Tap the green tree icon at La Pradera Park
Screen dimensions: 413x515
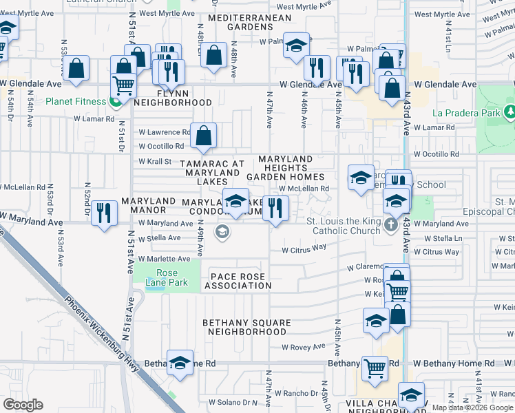point(509,112)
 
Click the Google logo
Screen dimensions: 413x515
point(23,405)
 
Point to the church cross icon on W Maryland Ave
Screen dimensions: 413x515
point(391,224)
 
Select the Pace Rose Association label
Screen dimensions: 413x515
point(237,280)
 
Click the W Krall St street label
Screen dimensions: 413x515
point(155,162)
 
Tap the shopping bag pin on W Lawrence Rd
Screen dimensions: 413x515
point(204,136)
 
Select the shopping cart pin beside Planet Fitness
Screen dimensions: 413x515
point(123,85)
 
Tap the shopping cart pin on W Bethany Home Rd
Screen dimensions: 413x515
point(375,368)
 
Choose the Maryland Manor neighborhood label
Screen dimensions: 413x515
point(144,205)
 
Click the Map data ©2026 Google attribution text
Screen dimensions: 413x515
point(472,407)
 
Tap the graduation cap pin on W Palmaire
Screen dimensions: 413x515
point(297,46)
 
